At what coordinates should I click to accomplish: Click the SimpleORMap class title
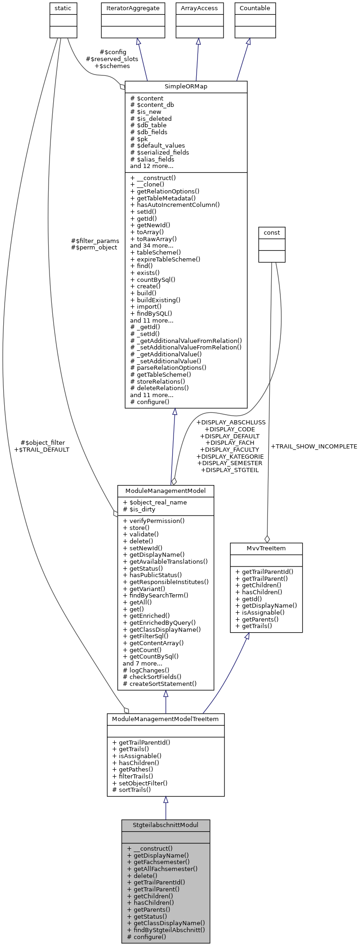(186, 87)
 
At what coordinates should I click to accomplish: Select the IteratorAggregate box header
(133, 8)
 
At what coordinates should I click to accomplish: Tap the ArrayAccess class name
(198, 8)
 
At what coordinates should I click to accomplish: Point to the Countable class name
(254, 8)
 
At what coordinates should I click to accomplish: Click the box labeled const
(272, 232)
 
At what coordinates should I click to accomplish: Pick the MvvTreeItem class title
(266, 548)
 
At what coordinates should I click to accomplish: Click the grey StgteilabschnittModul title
(166, 825)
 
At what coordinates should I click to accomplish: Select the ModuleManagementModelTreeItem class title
(166, 719)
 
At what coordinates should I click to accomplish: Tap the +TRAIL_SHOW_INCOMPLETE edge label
(314, 446)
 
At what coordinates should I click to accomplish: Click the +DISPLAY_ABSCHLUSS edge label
(231, 422)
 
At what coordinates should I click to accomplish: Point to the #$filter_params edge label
(95, 241)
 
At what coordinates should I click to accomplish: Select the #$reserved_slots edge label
(112, 59)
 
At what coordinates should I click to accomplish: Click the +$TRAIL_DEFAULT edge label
(42, 449)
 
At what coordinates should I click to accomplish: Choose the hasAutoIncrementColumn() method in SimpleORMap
(175, 205)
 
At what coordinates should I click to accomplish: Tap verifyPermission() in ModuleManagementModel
(154, 521)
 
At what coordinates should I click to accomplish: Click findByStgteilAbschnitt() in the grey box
(166, 930)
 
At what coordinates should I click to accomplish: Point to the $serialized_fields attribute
(160, 152)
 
